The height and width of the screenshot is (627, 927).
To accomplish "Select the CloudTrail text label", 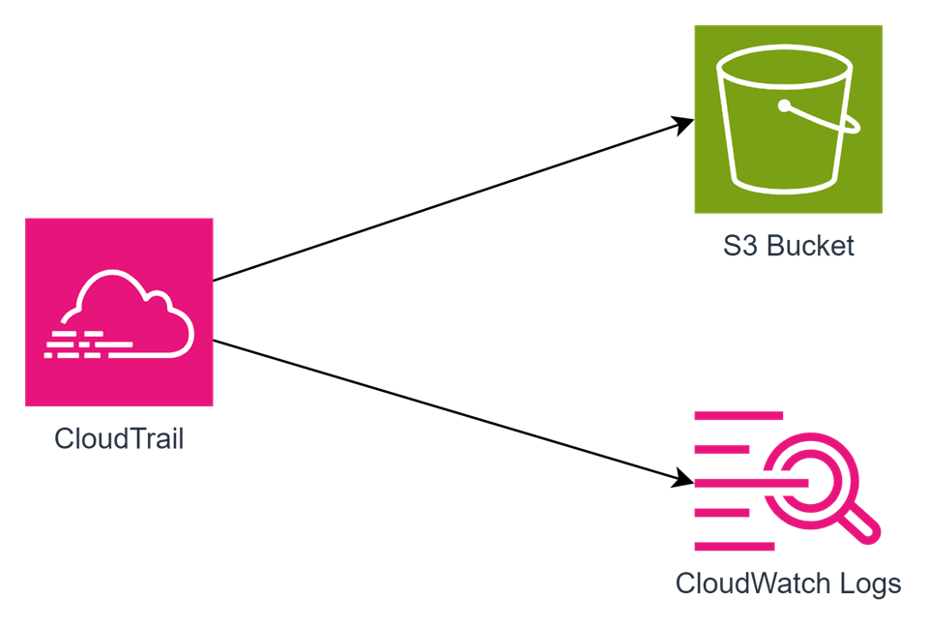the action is (x=119, y=438).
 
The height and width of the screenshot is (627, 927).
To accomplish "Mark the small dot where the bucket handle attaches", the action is (x=785, y=105).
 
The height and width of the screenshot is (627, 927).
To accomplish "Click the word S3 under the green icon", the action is (x=739, y=246).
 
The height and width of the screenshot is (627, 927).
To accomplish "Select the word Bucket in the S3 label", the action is (x=810, y=246).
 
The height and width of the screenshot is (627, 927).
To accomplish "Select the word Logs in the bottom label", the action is (x=870, y=584).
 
